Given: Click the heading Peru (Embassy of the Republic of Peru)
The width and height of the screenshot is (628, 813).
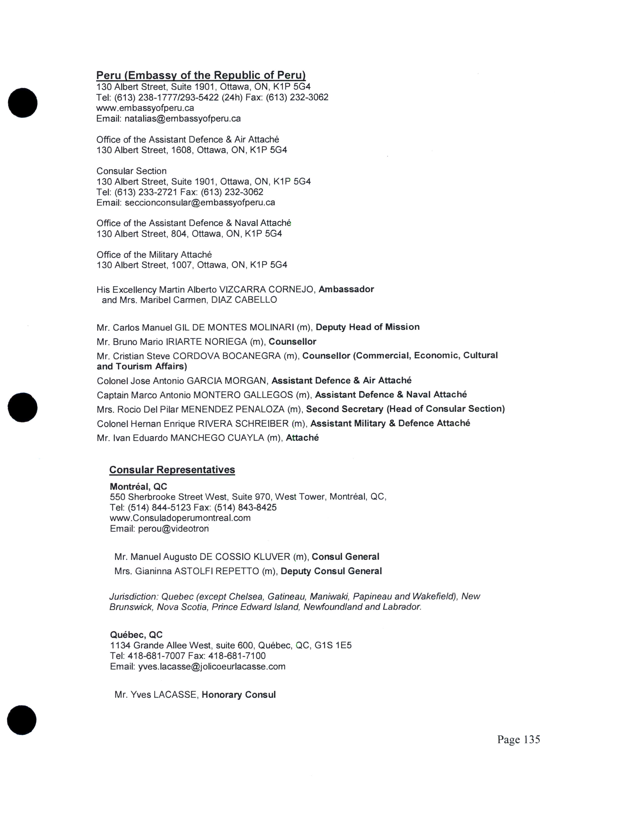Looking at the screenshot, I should tap(201, 76).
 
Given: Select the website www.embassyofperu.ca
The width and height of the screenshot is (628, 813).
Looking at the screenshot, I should tap(145, 108).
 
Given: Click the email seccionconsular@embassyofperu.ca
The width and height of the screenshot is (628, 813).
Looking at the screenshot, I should tap(200, 203).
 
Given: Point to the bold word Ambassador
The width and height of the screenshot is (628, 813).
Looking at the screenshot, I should tap(346, 289).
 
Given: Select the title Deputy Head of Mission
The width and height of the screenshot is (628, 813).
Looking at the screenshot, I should tap(368, 327).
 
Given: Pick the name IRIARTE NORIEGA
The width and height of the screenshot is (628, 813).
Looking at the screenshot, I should tap(206, 342).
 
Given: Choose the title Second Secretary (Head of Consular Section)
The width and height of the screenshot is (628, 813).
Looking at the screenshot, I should tap(405, 409).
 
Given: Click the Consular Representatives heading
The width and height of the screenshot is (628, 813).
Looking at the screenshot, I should tap(172, 470).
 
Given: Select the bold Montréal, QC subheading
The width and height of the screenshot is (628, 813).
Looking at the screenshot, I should tap(138, 487).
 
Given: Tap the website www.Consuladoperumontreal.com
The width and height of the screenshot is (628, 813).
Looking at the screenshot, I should tap(180, 518).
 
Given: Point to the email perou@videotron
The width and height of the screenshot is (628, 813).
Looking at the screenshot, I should tap(173, 529).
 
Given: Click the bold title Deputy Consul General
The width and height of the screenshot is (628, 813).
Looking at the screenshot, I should tap(331, 571).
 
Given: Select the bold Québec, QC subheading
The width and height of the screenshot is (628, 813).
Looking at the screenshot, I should tap(136, 635).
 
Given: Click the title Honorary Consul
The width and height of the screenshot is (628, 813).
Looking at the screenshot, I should tap(238, 695).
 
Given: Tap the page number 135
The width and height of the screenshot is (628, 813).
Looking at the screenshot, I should tap(532, 739).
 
